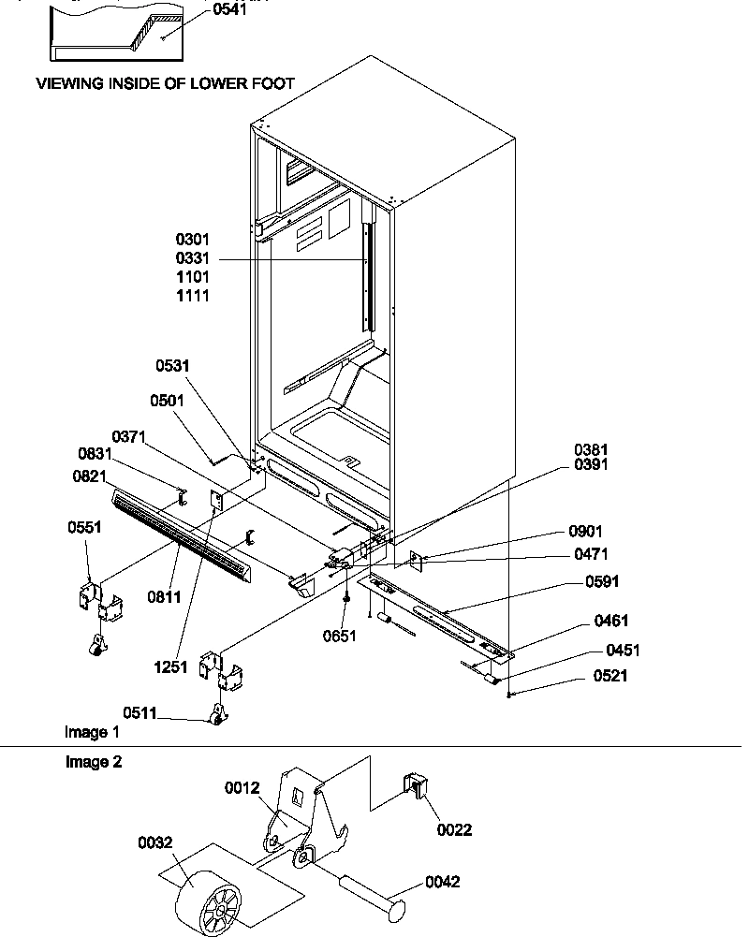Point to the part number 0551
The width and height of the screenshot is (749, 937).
[84, 527]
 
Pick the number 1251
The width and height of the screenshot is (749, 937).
[172, 667]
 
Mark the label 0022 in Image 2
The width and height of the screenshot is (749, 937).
[454, 829]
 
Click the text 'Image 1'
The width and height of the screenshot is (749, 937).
[92, 731]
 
